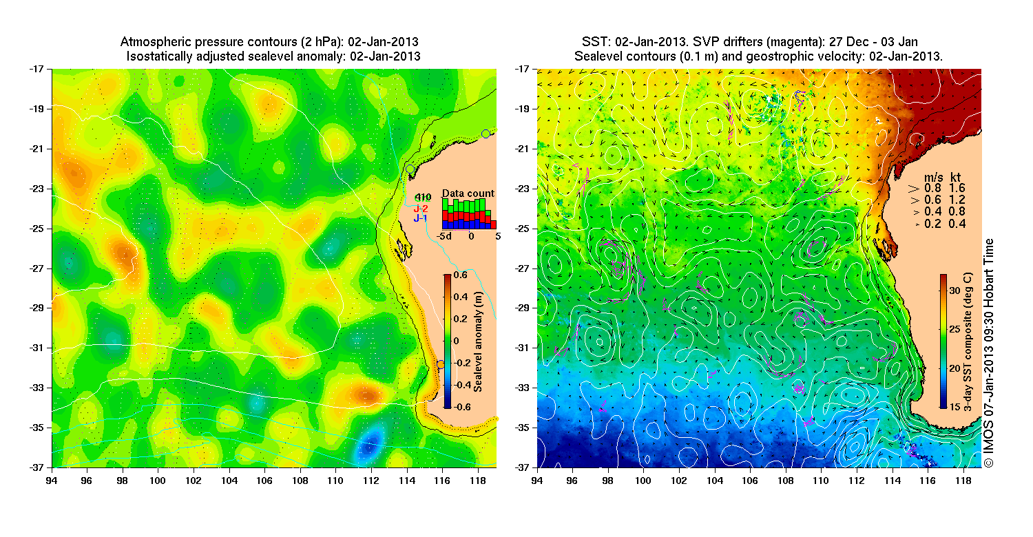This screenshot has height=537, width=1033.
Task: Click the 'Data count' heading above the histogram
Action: (468, 193)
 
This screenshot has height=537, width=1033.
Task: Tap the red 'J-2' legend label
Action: (421, 209)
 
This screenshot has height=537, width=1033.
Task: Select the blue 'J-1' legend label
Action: (421, 218)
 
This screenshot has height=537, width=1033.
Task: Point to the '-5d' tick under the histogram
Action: (444, 235)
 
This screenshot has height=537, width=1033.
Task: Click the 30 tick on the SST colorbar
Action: (955, 291)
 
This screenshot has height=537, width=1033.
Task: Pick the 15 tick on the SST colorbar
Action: (955, 408)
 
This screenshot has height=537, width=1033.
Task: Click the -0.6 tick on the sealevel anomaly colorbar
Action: (463, 408)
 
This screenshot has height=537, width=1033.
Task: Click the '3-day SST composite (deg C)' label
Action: (968, 341)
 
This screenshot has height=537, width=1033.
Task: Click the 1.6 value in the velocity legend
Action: (957, 187)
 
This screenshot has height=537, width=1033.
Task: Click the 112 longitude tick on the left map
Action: (371, 476)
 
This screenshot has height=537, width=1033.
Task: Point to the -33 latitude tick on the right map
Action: (527, 388)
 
